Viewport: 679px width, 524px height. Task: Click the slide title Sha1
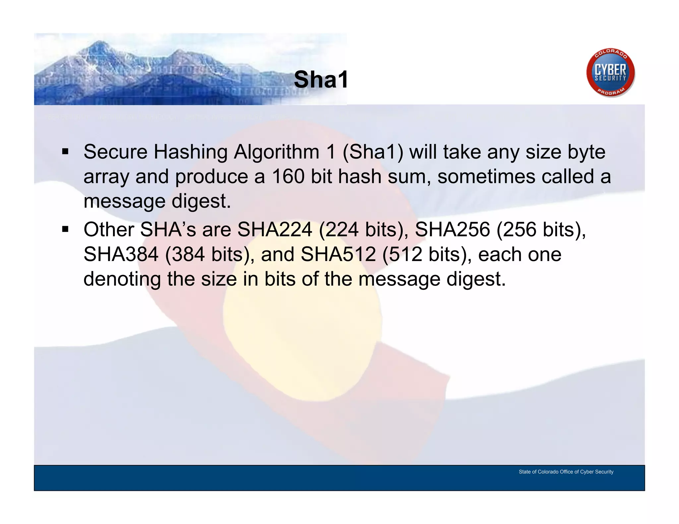point(321,80)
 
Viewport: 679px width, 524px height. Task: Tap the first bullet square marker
point(65,152)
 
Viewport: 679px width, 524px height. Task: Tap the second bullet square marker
point(65,229)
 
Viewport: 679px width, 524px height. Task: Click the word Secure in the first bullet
point(115,152)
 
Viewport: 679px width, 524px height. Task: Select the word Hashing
point(191,152)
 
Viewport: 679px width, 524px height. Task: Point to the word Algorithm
point(277,152)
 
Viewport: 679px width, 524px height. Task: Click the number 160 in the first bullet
point(288,177)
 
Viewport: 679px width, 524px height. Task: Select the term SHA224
point(275,229)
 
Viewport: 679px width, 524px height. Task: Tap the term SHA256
point(452,229)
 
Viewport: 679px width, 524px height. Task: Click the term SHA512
point(338,254)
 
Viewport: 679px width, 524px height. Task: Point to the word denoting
point(122,279)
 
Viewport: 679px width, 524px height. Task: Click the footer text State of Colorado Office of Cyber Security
point(566,472)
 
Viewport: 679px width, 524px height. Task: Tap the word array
point(106,177)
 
